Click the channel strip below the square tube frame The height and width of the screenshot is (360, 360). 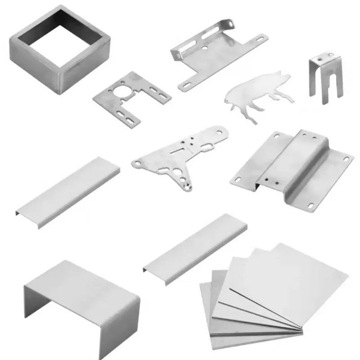point(67,191)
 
